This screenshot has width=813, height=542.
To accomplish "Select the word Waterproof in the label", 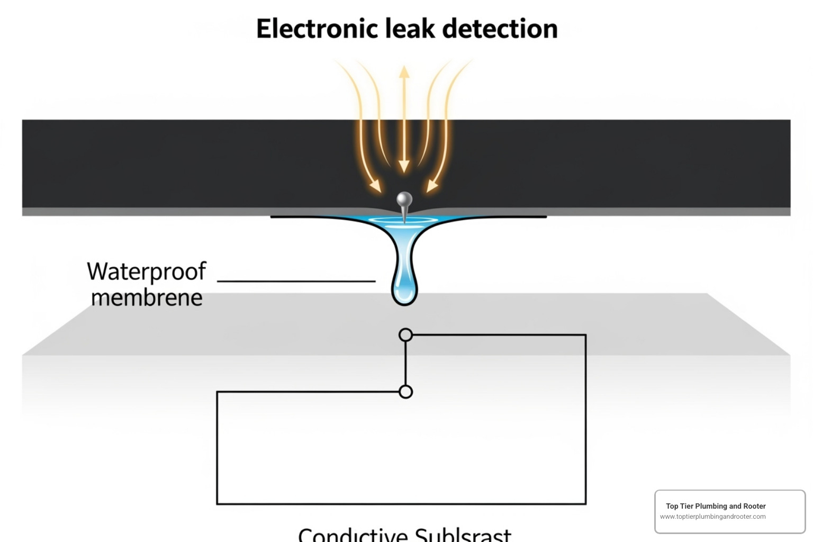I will [x=147, y=272].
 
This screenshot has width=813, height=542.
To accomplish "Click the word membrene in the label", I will [x=147, y=298].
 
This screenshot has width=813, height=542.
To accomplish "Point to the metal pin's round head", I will [x=404, y=200].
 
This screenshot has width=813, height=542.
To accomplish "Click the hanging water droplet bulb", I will [x=404, y=288].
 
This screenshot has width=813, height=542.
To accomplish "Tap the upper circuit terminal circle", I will [x=405, y=335].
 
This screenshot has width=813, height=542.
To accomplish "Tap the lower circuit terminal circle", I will [x=405, y=392].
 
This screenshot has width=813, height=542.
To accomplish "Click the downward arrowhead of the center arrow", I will [x=404, y=166].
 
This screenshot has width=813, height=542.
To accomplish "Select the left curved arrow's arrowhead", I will [x=375, y=185].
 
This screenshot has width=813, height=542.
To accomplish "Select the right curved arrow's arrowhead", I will [x=432, y=185].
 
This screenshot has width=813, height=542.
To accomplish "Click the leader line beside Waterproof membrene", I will [x=296, y=281].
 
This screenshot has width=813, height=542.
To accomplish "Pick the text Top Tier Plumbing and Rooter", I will [x=716, y=506].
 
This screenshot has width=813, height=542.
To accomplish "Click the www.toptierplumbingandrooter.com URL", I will [x=712, y=517].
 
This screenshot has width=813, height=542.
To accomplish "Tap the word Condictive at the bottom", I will [x=353, y=535].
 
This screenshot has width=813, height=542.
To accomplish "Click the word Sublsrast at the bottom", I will [x=463, y=535].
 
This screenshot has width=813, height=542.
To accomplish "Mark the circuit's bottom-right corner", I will [x=585, y=503].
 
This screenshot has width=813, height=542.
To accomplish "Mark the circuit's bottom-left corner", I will [x=217, y=503].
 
